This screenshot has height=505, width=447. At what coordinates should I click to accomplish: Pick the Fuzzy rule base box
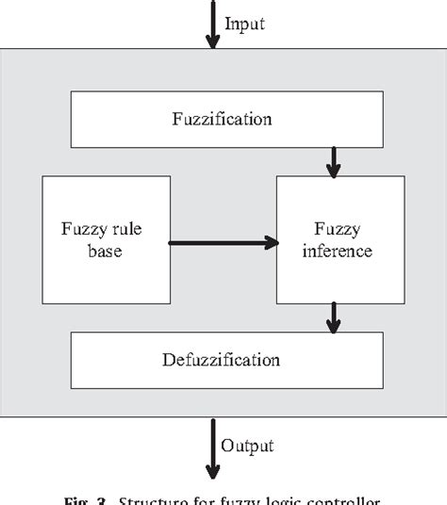107,239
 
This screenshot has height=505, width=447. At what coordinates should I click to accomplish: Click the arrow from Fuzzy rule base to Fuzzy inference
223,243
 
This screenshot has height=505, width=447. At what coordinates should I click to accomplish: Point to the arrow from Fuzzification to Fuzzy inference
333,160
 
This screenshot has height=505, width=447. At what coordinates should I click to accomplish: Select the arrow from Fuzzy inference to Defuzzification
333,318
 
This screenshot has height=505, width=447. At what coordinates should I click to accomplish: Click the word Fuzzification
223,120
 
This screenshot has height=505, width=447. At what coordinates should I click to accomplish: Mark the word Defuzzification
223,360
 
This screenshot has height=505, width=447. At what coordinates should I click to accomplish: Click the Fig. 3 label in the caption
112,497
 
